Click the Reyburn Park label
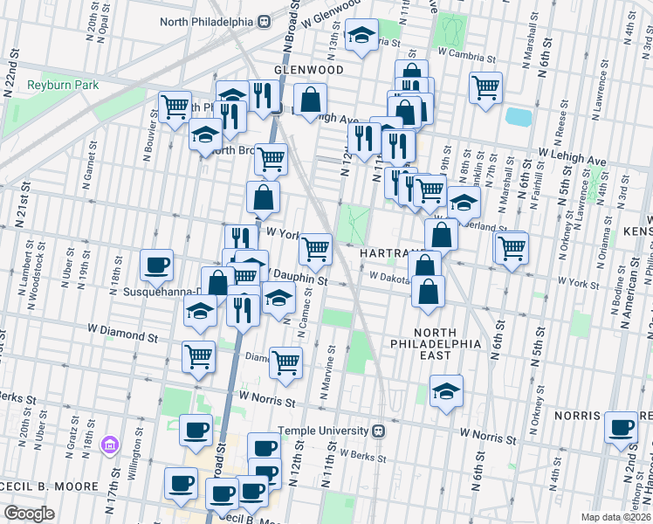pyautogui.click(x=63, y=85)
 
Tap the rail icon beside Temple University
pyautogui.click(x=379, y=431)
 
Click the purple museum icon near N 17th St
pyautogui.click(x=110, y=445)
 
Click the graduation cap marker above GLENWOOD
pyautogui.click(x=361, y=36)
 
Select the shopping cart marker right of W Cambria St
pyautogui.click(x=485, y=86)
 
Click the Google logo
pyautogui.click(x=28, y=514)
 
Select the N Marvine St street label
pyautogui.click(x=332, y=370)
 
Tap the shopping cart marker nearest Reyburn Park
pyautogui.click(x=175, y=107)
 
